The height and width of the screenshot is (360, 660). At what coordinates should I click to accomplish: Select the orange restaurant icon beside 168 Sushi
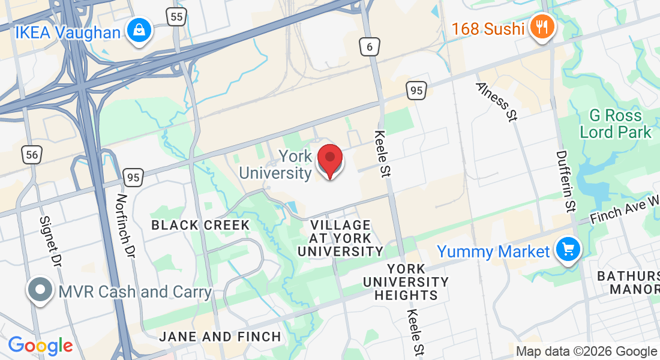pyautogui.click(x=542, y=28)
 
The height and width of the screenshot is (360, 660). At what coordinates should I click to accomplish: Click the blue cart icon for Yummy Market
pyautogui.click(x=568, y=249)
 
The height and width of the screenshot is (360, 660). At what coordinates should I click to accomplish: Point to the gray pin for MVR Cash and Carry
pyautogui.click(x=40, y=291)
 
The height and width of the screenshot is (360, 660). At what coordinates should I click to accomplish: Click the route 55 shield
pyautogui.click(x=176, y=17)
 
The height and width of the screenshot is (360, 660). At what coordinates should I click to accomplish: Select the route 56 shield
pyautogui.click(x=32, y=155)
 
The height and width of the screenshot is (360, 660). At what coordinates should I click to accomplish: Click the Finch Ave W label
pyautogui.click(x=624, y=209)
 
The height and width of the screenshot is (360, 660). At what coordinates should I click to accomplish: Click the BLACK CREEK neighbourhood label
pyautogui.click(x=200, y=225)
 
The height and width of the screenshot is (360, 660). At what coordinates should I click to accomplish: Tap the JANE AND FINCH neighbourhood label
pyautogui.click(x=220, y=337)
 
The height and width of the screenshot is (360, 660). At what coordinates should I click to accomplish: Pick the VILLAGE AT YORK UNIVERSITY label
pyautogui.click(x=340, y=238)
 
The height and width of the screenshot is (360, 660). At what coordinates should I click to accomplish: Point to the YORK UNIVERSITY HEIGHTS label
pyautogui.click(x=406, y=282)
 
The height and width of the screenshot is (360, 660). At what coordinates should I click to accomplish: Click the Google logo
pyautogui.click(x=40, y=346)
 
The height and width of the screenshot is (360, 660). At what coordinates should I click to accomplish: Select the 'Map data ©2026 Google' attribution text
pyautogui.click(x=586, y=352)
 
